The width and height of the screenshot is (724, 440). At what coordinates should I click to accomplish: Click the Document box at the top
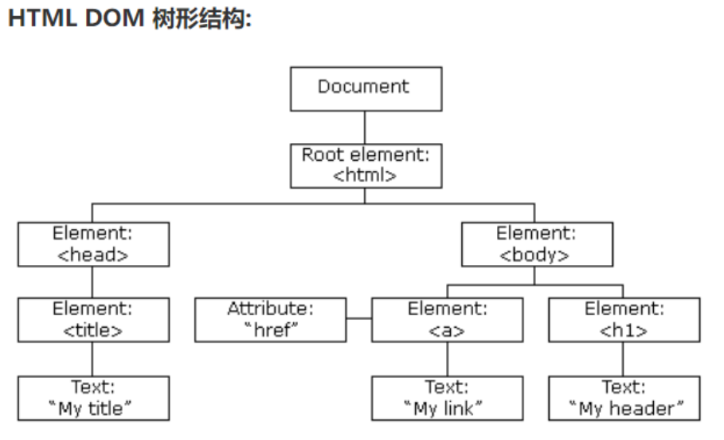point(366,88)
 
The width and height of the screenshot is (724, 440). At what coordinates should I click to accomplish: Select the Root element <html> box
point(366,165)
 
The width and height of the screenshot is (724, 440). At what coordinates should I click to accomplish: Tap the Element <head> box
point(93,243)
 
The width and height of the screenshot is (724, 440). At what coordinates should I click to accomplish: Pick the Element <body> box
point(536,243)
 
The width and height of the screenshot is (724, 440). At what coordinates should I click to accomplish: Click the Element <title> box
point(93,320)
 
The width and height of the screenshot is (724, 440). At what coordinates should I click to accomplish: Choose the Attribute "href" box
point(270,320)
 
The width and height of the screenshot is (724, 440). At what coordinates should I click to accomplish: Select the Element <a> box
point(447,320)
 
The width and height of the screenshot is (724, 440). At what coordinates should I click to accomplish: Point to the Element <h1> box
point(624,320)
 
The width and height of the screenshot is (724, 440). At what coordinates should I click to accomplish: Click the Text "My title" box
point(93,398)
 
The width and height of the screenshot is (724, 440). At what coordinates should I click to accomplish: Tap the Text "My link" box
point(447,398)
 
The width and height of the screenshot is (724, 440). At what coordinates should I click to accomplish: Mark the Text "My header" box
point(624,398)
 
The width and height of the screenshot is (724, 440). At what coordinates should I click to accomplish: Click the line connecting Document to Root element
point(366,127)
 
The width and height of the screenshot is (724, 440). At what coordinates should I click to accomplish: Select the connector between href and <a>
point(359,320)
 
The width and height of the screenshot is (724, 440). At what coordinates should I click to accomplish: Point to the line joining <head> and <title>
point(93,282)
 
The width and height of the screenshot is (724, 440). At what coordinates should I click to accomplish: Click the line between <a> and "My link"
point(447,359)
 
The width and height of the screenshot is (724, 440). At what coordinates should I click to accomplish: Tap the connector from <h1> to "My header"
point(624,359)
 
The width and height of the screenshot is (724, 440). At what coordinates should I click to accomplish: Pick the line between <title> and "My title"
point(93,359)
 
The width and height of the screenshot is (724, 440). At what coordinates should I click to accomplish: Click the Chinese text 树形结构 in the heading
point(199,21)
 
